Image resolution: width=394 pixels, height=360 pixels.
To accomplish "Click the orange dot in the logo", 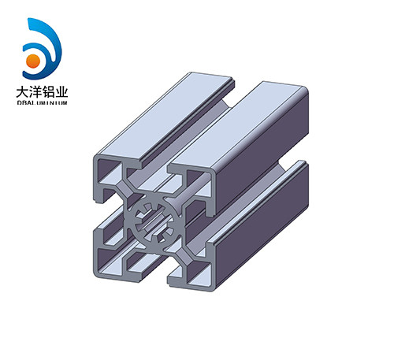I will tap(34, 60).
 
